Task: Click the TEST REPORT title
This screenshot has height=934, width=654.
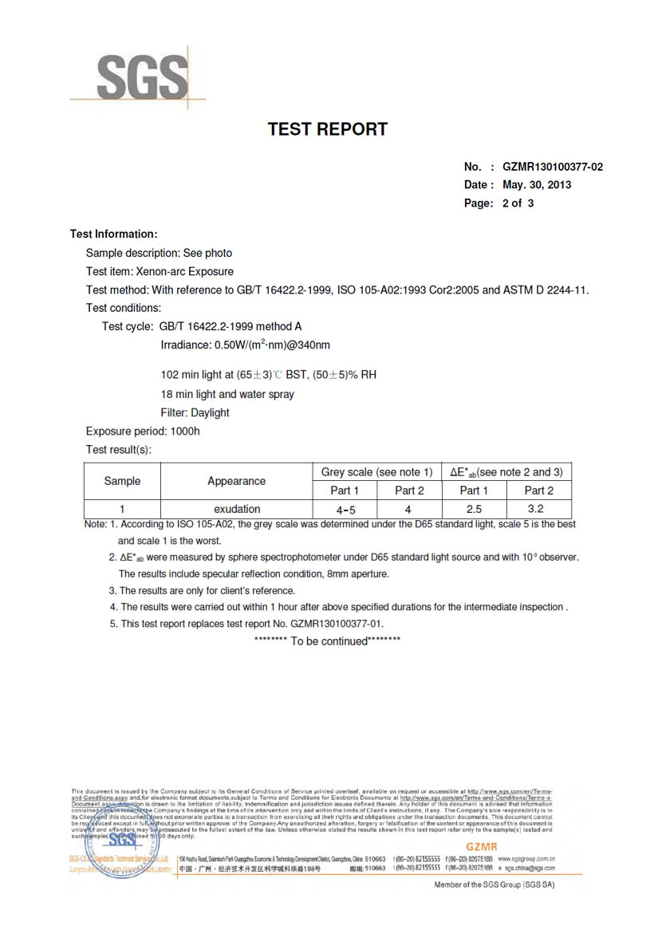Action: coord(327,129)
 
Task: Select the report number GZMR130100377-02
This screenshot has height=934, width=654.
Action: coord(552,167)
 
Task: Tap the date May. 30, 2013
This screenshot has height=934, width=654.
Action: coord(537,185)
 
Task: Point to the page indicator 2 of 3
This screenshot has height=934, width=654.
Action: coord(518,203)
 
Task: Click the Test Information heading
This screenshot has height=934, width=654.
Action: coord(113,234)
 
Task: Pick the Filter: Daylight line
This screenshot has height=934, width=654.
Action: coord(195,412)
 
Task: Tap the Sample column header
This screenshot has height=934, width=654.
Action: coord(122,481)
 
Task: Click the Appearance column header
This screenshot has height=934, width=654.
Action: coord(236,481)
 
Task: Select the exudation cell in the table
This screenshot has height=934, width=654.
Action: coord(236,509)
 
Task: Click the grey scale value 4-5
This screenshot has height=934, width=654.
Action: coord(345,509)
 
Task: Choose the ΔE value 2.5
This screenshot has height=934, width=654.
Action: coord(473,509)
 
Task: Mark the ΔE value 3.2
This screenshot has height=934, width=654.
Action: coord(539,509)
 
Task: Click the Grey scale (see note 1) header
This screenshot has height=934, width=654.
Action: coord(376,471)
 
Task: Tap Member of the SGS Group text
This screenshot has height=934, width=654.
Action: coord(494,885)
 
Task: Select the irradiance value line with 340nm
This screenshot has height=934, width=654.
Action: coord(246,345)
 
